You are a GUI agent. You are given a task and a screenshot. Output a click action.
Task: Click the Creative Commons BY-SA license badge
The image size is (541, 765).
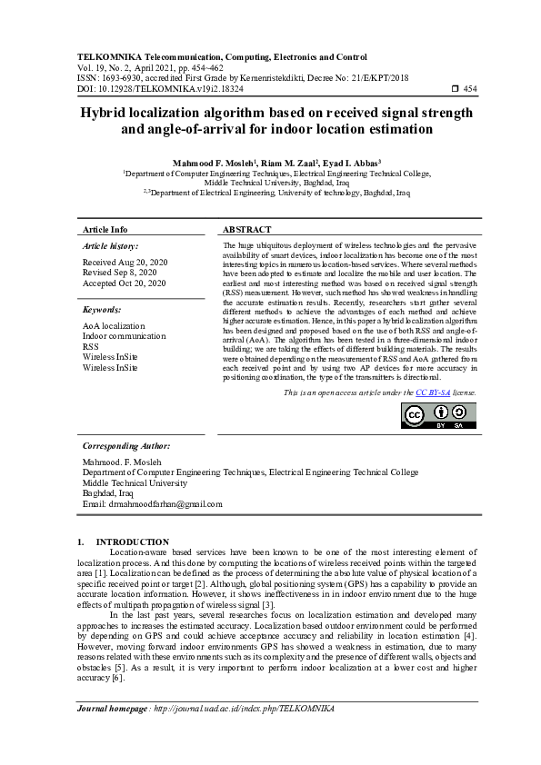point(439,414)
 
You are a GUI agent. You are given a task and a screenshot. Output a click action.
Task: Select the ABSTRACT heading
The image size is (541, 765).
point(246,230)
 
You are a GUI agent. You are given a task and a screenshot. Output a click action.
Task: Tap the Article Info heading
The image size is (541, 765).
point(105,230)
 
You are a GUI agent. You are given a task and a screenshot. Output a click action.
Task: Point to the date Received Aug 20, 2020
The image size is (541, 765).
point(119,261)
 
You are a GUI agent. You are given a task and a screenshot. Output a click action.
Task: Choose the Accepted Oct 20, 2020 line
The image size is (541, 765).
point(124,283)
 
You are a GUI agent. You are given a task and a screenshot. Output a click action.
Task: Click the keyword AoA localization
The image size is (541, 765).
point(114,325)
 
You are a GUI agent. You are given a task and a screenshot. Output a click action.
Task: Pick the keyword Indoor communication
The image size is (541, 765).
point(125,336)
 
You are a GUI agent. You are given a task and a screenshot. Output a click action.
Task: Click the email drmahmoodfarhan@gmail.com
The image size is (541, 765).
point(165,503)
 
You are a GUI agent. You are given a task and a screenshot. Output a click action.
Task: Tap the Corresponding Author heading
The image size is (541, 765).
point(126,447)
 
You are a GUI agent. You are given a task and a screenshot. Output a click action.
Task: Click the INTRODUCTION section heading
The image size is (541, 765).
point(133,542)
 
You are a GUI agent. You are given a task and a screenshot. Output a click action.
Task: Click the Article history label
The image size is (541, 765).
point(111,246)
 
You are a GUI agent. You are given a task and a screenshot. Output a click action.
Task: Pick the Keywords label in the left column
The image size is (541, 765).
point(102,310)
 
